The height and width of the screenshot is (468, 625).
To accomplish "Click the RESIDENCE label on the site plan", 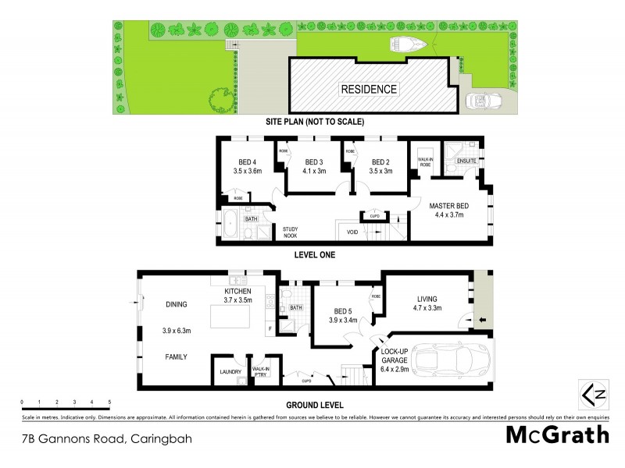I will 368,89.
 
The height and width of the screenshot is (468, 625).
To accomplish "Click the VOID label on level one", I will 352,232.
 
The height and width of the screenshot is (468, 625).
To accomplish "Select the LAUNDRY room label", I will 230,372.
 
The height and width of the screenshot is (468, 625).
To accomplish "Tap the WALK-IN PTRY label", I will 260,372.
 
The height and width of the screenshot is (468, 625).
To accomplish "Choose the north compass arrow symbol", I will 590,392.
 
